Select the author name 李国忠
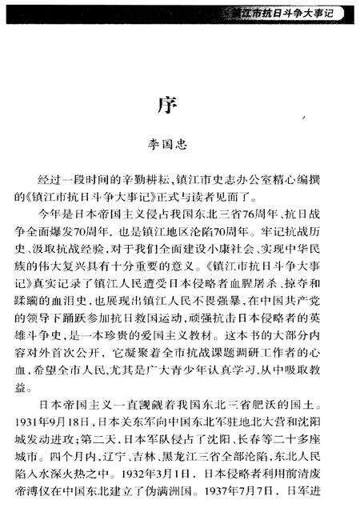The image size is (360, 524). [x=179, y=146]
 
